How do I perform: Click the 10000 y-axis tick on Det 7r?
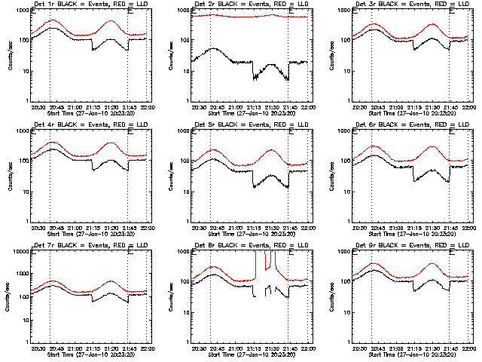(x=20, y=251)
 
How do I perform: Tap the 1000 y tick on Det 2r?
(x=182, y=11)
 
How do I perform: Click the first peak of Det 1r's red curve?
(x=50, y=20)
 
